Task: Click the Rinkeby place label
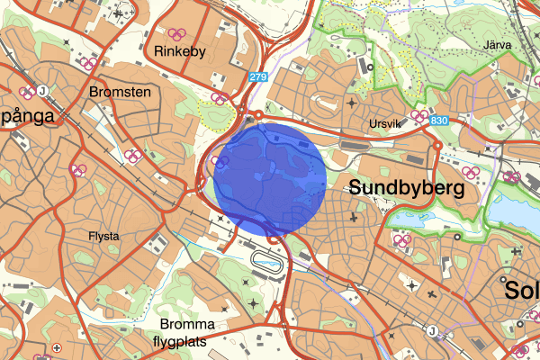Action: [x=181, y=52]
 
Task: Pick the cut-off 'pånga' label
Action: [x=28, y=116]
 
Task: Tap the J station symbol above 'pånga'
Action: [x=42, y=90]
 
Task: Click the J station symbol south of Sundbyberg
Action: [x=432, y=330]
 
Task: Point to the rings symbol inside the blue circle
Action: [x=222, y=162]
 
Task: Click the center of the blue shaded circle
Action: [x=270, y=180]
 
